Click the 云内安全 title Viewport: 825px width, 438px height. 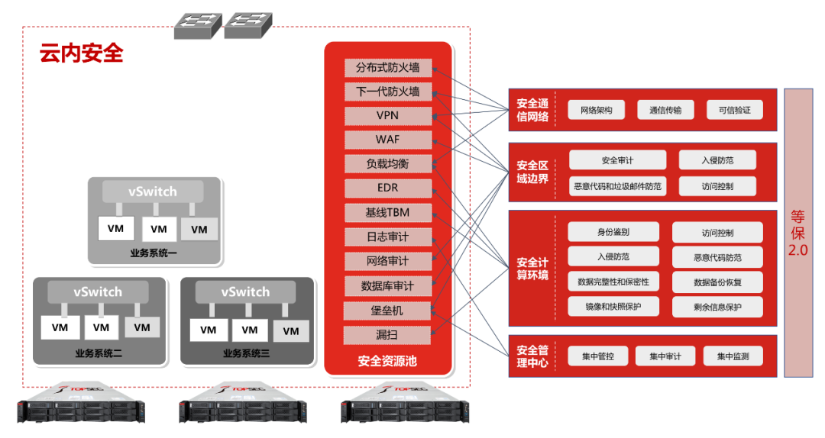pos(81,54)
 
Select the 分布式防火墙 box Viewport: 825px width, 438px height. pos(387,67)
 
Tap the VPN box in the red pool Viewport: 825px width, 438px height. pos(387,115)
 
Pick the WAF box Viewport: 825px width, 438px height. pos(387,140)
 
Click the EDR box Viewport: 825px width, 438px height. pos(387,188)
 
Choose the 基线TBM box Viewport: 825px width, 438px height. pos(387,212)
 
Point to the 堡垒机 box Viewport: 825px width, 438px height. pos(387,311)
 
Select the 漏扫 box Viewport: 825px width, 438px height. pos(387,335)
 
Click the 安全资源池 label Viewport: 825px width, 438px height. pos(387,361)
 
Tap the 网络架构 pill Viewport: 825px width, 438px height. pos(596,110)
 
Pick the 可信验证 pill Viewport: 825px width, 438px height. pos(734,110)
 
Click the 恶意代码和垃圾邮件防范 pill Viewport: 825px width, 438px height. pos(618,185)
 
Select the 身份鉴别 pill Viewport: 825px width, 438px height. pos(613,232)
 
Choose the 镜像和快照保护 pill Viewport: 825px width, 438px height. pos(613,306)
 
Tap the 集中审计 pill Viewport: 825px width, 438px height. pos(665,356)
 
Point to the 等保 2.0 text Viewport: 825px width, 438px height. pos(798,233)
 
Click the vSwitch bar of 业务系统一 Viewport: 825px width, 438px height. pos(154,191)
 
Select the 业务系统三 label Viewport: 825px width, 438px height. pos(246,353)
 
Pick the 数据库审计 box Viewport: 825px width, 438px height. pos(387,285)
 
